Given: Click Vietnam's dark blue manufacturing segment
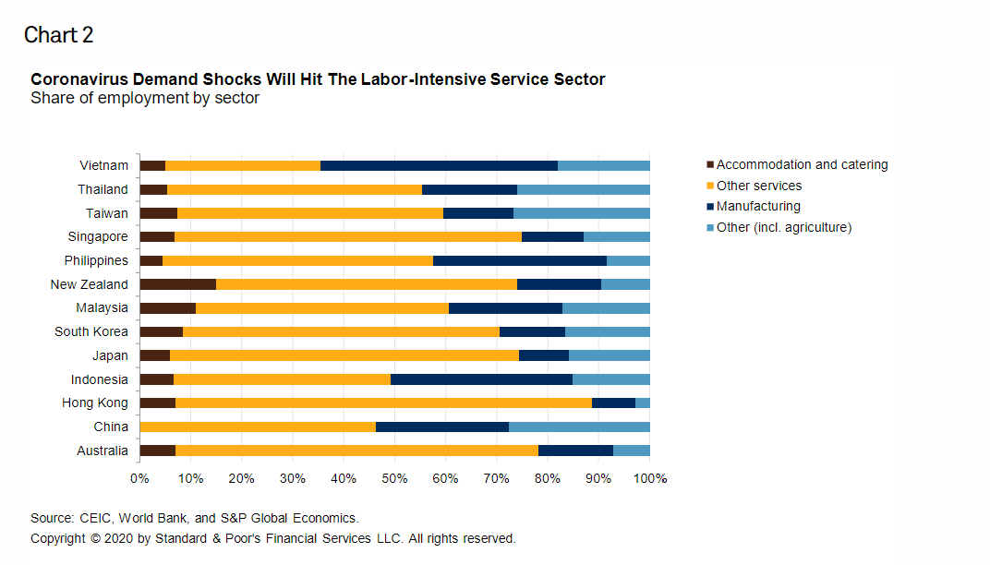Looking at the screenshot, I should pos(439,165).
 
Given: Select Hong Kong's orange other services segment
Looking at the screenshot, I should pos(383,403).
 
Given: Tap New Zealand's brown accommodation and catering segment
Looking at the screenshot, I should pos(177,284).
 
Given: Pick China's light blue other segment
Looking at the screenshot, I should pos(579,427).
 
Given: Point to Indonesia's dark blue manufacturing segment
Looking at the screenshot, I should pos(481,379).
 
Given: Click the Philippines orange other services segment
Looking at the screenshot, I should pos(297,260).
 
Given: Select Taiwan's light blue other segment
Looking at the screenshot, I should pos(581,213).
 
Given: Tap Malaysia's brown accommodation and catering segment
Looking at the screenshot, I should pos(167,308).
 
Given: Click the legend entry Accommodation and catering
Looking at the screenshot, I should pos(802,164).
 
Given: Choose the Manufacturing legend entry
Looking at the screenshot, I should pos(758,207).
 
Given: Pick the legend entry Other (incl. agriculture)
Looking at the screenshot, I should pos(783,227).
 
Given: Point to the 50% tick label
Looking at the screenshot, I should pos(394,479).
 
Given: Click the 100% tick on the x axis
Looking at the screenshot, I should pos(649,479).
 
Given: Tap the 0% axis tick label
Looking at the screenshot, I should pos(139,479).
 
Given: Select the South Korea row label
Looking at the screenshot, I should pos(91,331).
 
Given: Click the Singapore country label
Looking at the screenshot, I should pos(96,236).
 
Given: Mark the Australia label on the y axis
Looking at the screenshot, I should pos(103,451).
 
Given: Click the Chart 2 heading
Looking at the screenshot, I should pos(59,35).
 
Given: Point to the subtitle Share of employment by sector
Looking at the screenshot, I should pos(145,98).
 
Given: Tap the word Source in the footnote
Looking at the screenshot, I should pos(52,518).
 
